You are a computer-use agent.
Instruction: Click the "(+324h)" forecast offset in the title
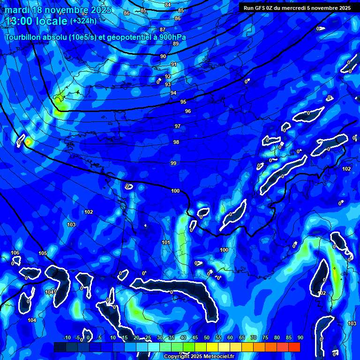83,21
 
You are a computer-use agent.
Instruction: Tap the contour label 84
168,5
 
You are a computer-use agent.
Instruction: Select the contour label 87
163,30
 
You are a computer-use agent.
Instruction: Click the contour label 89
176,44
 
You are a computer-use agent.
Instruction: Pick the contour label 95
183,102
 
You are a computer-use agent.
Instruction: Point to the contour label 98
176,142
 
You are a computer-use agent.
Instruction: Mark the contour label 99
173,163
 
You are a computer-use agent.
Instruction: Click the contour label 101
165,242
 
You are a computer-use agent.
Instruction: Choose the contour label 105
43,254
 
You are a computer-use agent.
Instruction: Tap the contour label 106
15,253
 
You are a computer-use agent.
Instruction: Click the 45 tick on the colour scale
195,338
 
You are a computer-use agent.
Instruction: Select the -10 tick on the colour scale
67,338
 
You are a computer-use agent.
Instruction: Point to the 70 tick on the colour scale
254,338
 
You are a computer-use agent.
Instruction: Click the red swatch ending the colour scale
294,347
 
